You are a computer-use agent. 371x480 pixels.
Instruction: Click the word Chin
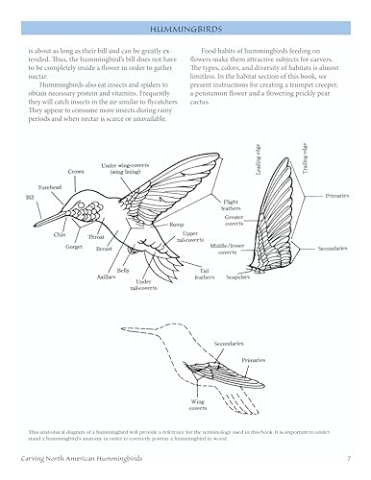click(x=60, y=234)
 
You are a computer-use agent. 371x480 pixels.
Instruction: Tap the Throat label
click(x=95, y=236)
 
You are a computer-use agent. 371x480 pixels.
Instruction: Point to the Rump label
click(x=177, y=225)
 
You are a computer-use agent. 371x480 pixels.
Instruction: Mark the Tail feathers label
click(x=205, y=276)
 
